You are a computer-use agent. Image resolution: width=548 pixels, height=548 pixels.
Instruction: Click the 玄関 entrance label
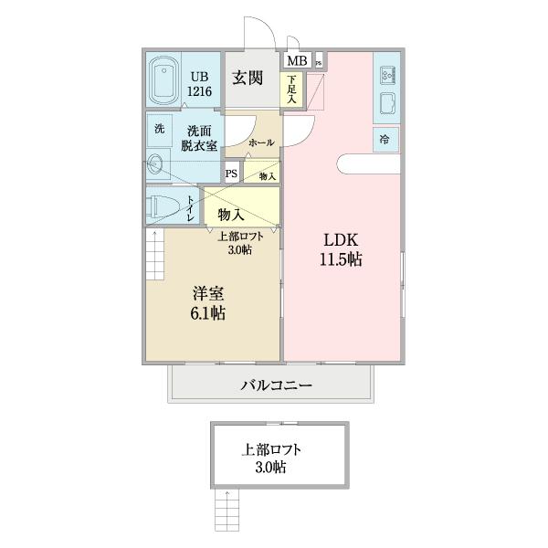(x=248, y=77)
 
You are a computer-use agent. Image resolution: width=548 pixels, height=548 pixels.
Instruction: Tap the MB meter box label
(x=298, y=60)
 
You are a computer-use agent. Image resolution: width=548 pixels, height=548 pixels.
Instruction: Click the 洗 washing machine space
(x=159, y=129)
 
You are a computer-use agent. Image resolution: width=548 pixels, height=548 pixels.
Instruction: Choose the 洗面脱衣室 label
(x=197, y=137)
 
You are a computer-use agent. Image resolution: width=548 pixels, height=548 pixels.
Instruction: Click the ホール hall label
(x=261, y=142)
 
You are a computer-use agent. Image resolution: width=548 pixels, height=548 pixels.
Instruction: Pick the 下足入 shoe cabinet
(x=291, y=90)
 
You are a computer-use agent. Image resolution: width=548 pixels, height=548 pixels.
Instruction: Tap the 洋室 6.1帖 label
(x=208, y=303)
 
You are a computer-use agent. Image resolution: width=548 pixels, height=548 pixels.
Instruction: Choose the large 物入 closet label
(x=230, y=215)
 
